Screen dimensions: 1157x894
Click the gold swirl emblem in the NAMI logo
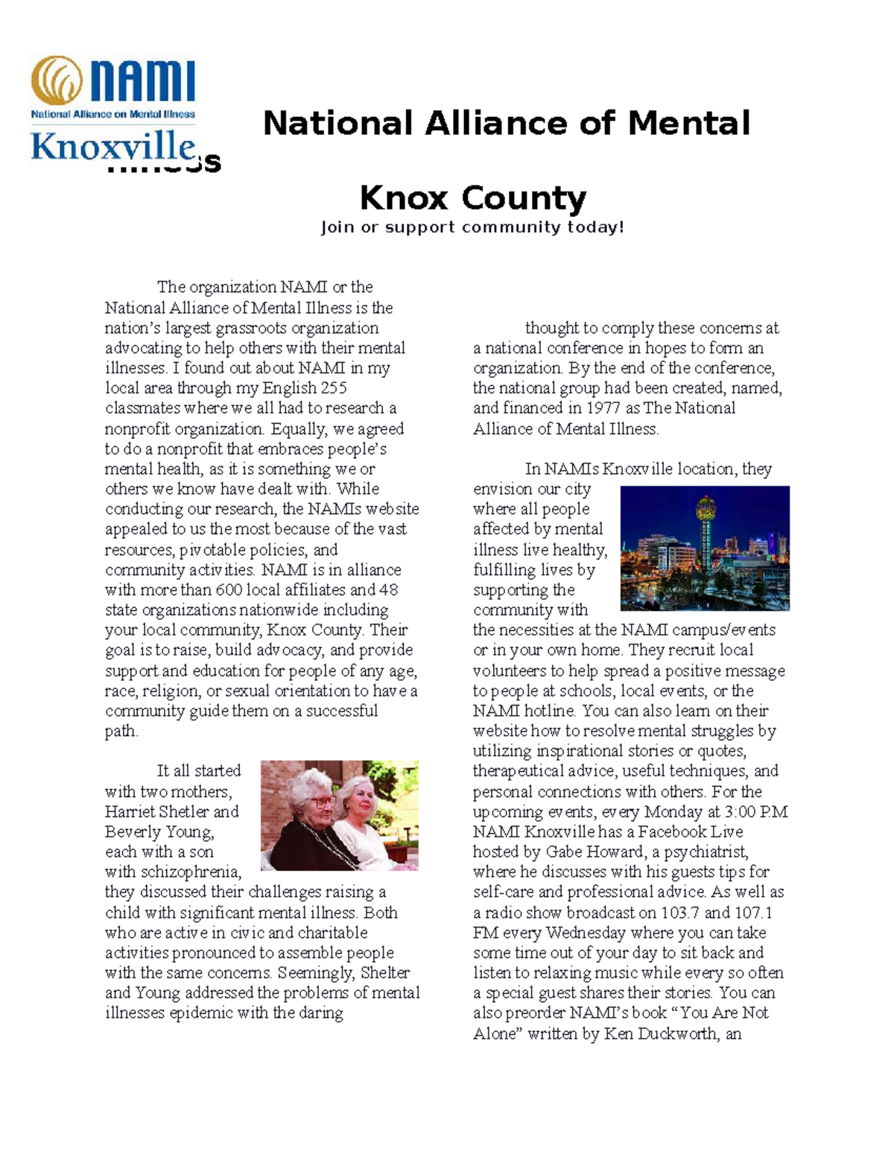click(x=57, y=80)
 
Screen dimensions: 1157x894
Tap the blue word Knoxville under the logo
click(x=112, y=146)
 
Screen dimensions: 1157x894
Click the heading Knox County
click(x=473, y=198)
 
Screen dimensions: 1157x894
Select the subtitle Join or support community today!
click(x=472, y=227)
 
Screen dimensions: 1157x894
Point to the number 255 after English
click(x=334, y=388)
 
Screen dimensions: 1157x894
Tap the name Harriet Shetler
click(x=171, y=811)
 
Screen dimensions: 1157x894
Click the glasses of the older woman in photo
click(x=322, y=802)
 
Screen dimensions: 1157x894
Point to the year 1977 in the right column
click(x=604, y=408)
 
